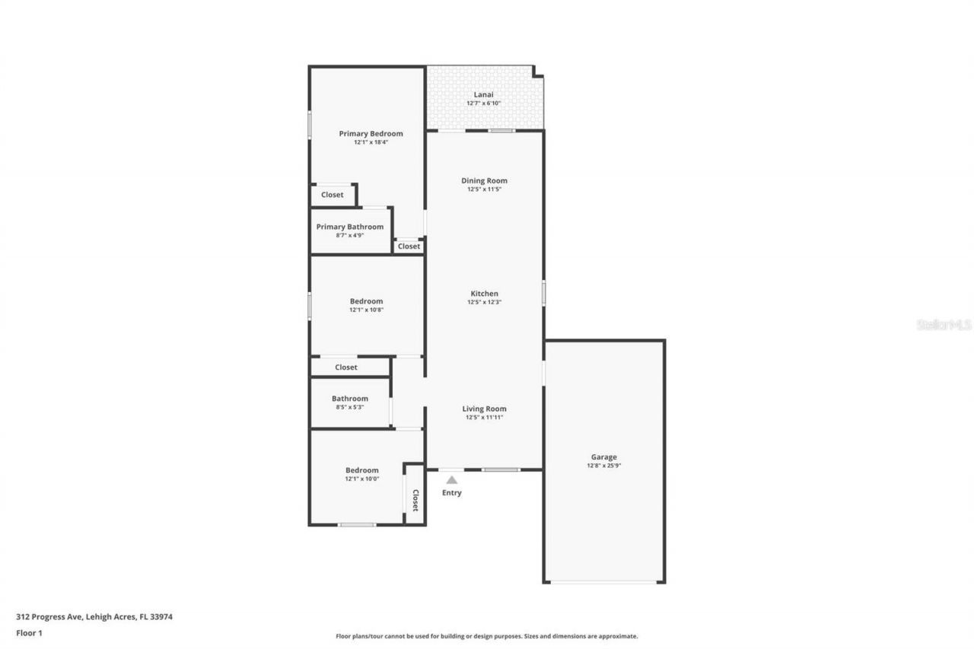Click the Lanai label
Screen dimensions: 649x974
coord(484,95)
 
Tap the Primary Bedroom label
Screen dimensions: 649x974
coord(371,134)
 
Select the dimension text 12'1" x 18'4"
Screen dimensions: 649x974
coord(371,142)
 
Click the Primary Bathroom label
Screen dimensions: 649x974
coord(350,227)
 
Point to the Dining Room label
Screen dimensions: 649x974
coord(484,181)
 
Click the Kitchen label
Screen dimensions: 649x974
coord(484,294)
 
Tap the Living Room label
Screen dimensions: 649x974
coord(484,409)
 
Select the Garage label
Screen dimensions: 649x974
coord(604,457)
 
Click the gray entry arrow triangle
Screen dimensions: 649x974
coord(452,480)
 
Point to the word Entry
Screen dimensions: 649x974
coord(452,493)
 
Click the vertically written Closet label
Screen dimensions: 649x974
coord(415,500)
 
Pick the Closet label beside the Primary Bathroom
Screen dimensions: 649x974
coord(409,247)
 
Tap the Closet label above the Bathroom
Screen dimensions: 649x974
coord(346,367)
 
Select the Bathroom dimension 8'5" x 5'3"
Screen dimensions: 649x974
coord(350,407)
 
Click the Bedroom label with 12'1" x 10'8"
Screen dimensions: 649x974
coord(366,301)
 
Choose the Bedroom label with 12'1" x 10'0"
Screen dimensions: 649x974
coord(361,470)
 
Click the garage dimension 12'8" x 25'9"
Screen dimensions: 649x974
coord(604,466)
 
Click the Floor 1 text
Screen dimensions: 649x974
coord(29,633)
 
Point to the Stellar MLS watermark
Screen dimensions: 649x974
coord(944,325)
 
